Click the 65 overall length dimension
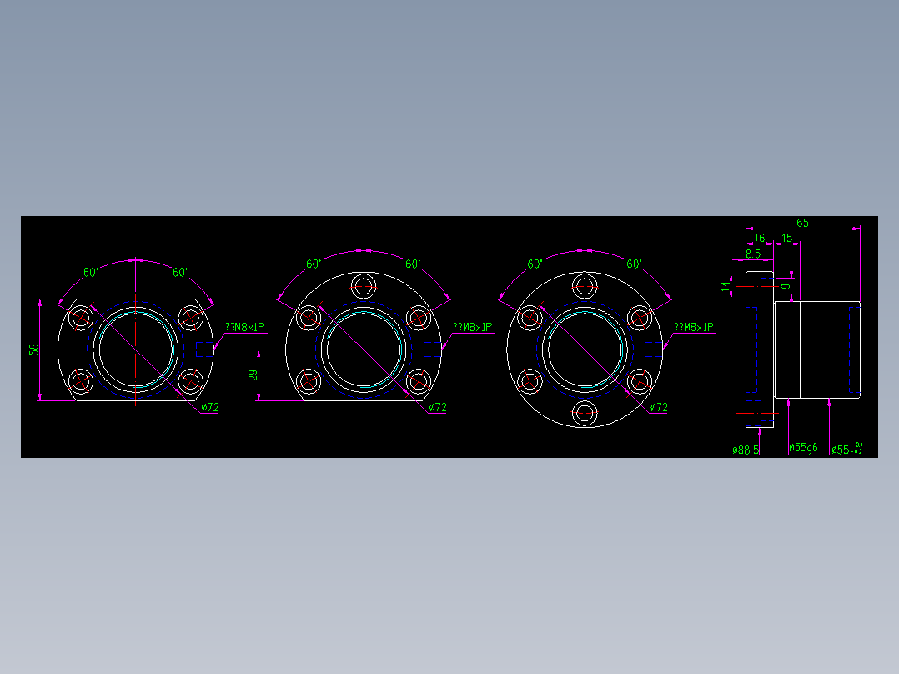click(802, 223)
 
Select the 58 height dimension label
click(34, 350)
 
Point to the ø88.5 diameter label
click(746, 450)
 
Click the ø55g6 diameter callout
click(803, 448)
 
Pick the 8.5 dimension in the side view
click(753, 254)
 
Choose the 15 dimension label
click(786, 239)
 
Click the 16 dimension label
click(759, 239)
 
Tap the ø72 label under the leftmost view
click(209, 408)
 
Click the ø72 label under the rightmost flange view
click(658, 408)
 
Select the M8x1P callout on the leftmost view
click(244, 328)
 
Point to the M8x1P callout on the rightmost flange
click(694, 328)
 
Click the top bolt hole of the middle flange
click(364, 286)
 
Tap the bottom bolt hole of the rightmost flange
click(585, 412)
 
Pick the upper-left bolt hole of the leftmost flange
click(82, 317)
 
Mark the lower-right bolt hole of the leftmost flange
click(190, 381)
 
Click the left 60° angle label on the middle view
click(314, 264)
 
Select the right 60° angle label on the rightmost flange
click(634, 264)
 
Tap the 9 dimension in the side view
click(784, 286)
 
